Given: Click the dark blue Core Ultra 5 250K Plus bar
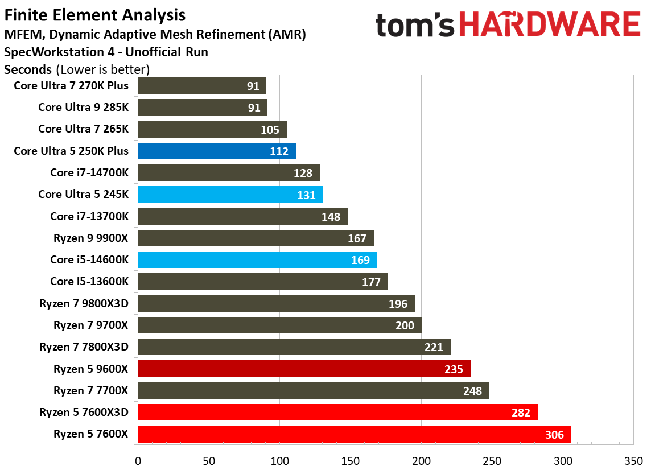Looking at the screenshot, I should click(216, 151).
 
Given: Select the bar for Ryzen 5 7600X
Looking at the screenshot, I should click(353, 435).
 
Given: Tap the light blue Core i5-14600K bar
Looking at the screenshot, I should click(256, 260).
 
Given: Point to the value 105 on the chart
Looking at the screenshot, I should click(270, 129).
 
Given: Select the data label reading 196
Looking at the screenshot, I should click(398, 304).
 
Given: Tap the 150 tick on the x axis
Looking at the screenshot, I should click(351, 460).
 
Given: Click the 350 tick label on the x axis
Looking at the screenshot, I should click(633, 460).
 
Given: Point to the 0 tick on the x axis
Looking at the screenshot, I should click(138, 460).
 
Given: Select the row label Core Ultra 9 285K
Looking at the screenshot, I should click(83, 107).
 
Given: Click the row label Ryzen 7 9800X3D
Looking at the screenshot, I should click(84, 303).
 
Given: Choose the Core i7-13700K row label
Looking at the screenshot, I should click(89, 216).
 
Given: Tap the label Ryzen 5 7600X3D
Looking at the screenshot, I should click(84, 413).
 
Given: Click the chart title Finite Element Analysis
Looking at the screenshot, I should click(94, 14).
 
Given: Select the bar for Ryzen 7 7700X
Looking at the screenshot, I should click(313, 390).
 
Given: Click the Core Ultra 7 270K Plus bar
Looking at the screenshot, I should click(202, 86).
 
